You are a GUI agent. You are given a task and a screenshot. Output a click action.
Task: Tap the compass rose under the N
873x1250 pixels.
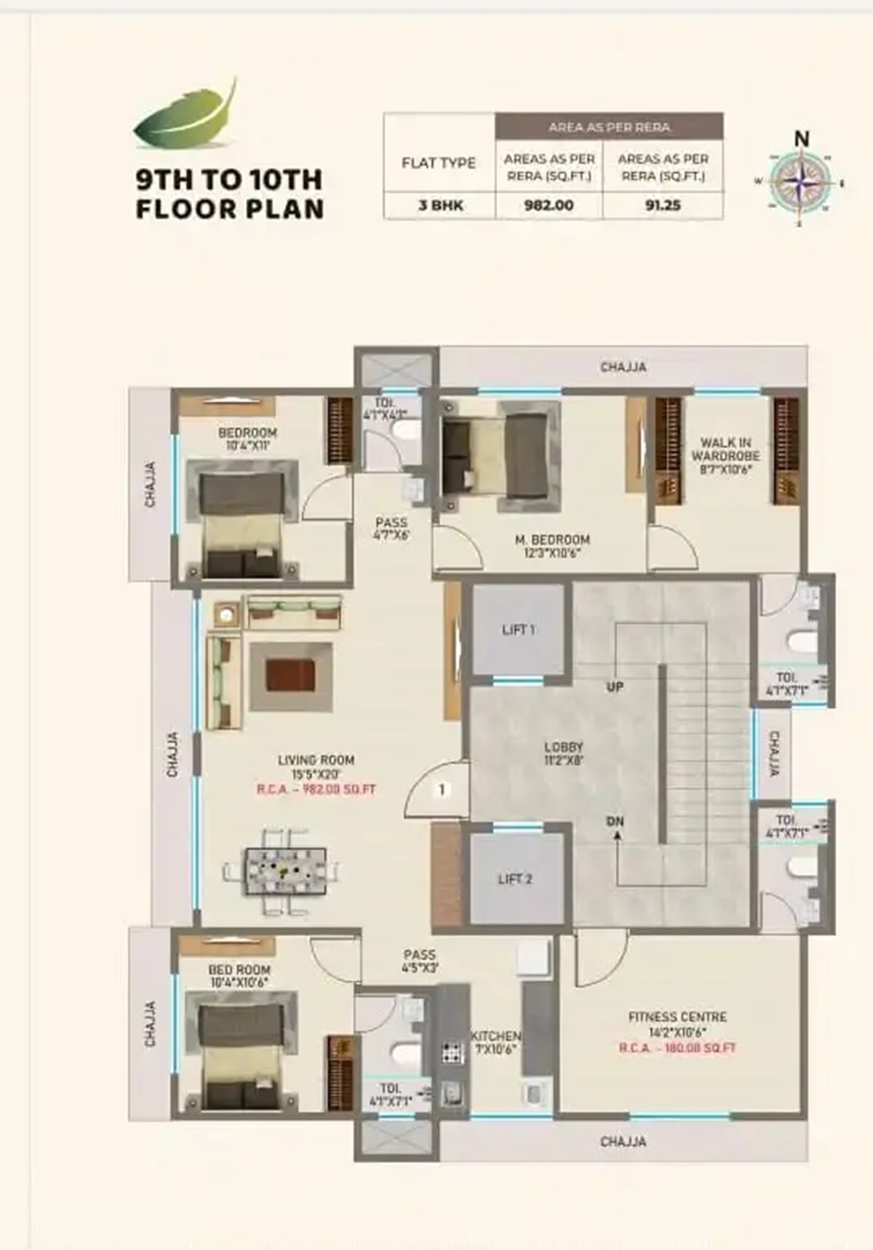click(x=800, y=182)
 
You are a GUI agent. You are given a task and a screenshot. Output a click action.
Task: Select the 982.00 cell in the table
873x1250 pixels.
click(x=549, y=206)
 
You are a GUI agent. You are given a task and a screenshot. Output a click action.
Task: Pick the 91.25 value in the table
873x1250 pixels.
click(x=662, y=206)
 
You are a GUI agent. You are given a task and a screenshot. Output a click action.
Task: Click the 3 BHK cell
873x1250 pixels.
click(x=439, y=206)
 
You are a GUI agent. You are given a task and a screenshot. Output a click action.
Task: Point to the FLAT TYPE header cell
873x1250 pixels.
click(x=439, y=163)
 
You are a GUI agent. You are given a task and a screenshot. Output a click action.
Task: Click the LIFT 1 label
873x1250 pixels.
click(x=518, y=630)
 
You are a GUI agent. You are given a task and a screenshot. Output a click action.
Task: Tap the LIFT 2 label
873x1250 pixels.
click(x=515, y=879)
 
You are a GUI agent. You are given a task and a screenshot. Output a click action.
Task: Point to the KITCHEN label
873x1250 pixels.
click(x=495, y=1035)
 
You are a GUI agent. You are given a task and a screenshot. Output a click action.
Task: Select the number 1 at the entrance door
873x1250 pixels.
click(x=442, y=789)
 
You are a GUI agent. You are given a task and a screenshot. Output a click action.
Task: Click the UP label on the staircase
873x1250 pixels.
click(x=615, y=686)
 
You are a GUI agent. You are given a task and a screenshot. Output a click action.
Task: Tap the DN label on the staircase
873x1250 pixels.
click(x=615, y=821)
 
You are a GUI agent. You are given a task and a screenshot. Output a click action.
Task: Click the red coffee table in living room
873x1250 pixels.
click(x=289, y=675)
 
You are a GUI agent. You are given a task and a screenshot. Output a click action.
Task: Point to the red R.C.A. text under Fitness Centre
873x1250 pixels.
click(x=677, y=1048)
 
